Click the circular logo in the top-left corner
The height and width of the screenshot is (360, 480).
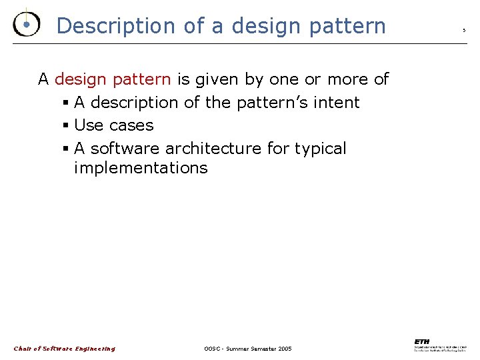(25, 24)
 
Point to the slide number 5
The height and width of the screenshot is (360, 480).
(464, 29)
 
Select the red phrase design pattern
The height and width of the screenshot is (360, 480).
(113, 79)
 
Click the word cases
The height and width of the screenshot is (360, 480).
(131, 125)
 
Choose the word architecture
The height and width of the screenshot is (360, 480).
(213, 148)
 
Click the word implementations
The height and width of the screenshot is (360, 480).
(141, 167)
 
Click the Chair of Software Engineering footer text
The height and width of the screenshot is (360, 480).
(65, 349)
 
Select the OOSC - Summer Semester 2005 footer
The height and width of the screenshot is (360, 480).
(247, 349)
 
